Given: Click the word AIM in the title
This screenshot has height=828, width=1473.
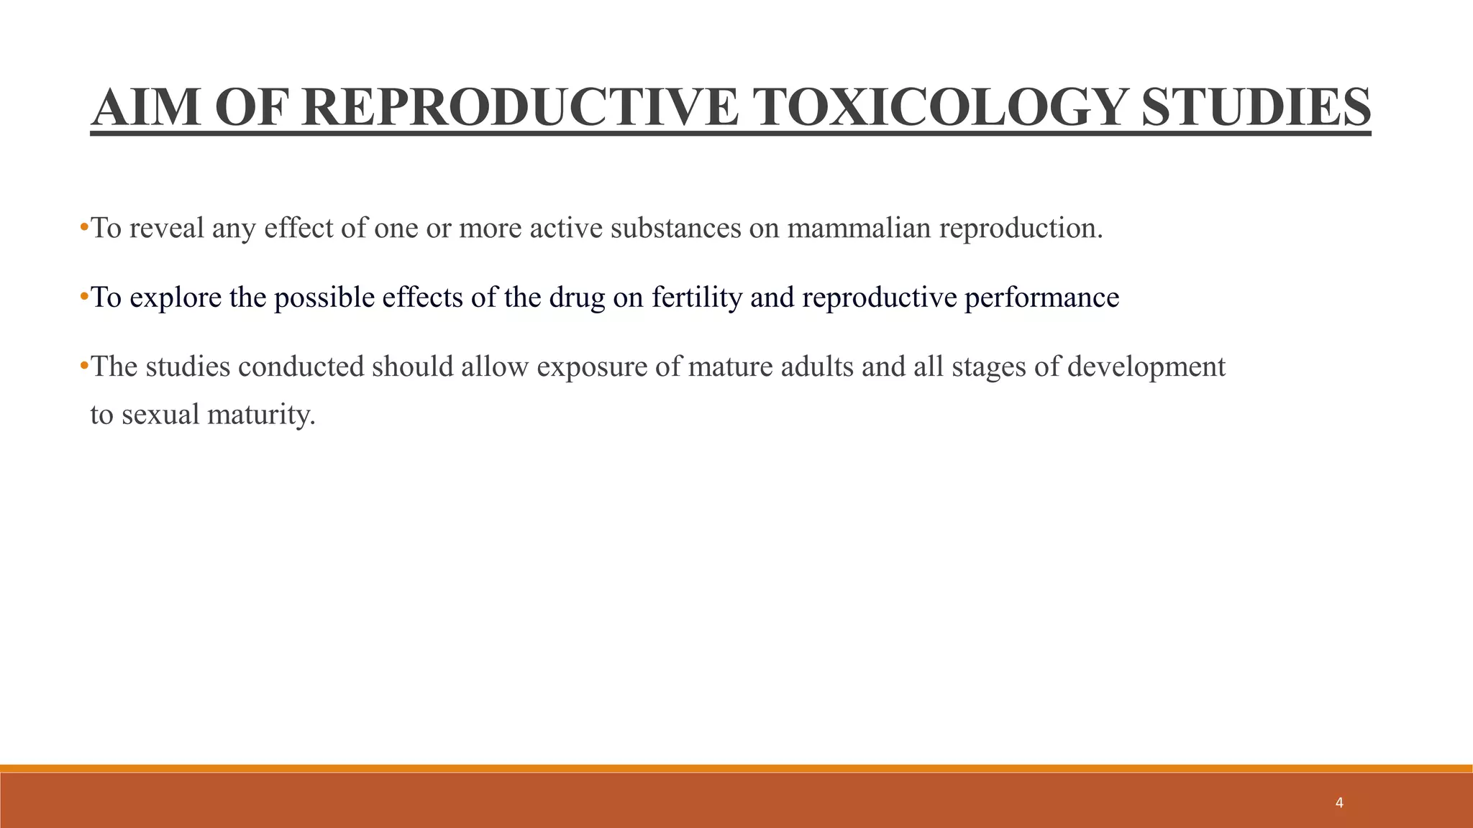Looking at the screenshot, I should point(146,108).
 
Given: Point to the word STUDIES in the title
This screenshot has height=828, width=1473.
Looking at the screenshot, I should point(1256,108).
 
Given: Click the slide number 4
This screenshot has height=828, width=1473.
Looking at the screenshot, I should point(1339,803).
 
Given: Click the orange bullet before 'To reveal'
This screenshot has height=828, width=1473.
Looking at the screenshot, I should point(84,228).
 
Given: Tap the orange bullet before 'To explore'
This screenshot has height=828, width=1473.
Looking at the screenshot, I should point(84,296).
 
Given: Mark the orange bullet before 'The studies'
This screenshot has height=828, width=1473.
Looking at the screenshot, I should point(84,366).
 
